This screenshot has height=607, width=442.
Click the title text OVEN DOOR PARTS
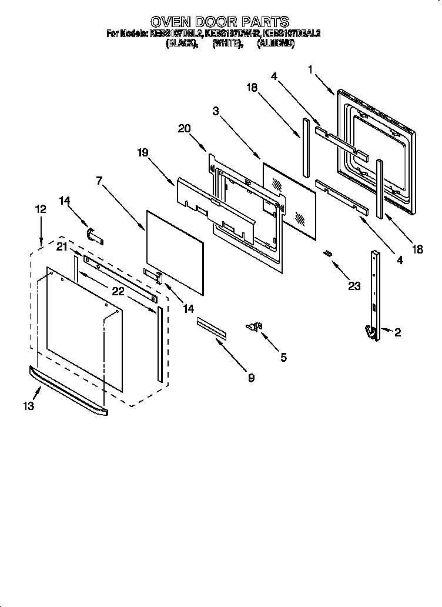point(220,22)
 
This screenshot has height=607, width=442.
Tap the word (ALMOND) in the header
point(276,44)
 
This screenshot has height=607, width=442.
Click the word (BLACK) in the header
point(181,44)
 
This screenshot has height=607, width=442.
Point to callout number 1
point(310,69)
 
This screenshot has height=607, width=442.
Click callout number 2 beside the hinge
point(397,333)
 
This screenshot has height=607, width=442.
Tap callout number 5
point(283,357)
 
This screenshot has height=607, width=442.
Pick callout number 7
point(101,181)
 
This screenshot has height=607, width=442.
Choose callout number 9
point(251,378)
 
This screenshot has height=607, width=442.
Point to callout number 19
point(143,152)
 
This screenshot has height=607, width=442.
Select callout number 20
point(184,129)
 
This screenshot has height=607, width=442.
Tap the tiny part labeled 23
point(329,253)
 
